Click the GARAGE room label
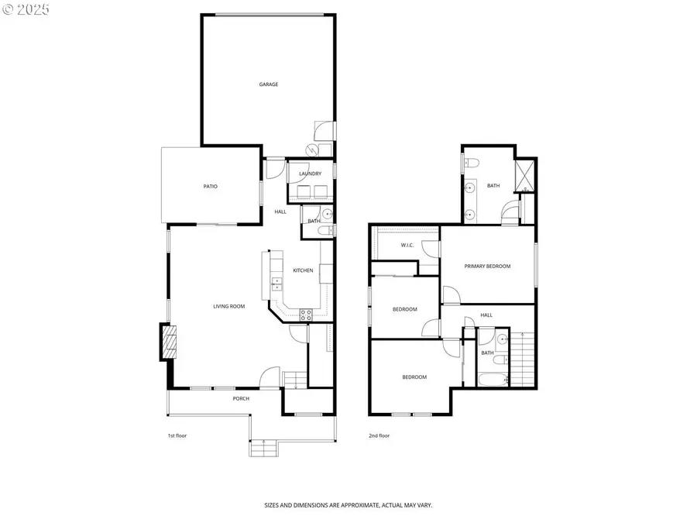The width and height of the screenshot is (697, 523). pyautogui.click(x=269, y=84)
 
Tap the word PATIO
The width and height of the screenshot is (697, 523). pyautogui.click(x=211, y=186)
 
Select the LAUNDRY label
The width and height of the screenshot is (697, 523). pyautogui.click(x=310, y=174)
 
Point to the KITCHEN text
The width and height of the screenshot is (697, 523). pyautogui.click(x=303, y=270)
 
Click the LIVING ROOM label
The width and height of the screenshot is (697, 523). pyautogui.click(x=229, y=306)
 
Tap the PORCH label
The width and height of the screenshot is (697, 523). pyautogui.click(x=241, y=399)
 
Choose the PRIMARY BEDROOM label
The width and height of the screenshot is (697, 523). pyautogui.click(x=487, y=267)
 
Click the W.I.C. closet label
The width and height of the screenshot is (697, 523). pyautogui.click(x=407, y=246)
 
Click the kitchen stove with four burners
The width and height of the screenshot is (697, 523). pyautogui.click(x=305, y=314)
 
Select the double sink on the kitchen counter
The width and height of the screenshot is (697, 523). pyautogui.click(x=275, y=285)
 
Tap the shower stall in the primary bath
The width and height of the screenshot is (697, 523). pyautogui.click(x=524, y=174)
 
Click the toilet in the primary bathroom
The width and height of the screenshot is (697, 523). pyautogui.click(x=472, y=162)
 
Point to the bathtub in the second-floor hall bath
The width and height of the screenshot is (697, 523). pyautogui.click(x=493, y=379)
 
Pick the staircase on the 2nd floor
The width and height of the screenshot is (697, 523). pyautogui.click(x=524, y=357)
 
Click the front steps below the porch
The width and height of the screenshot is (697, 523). pyautogui.click(x=263, y=449)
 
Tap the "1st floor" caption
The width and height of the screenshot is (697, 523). pyautogui.click(x=177, y=435)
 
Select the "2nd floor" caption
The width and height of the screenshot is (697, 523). pyautogui.click(x=379, y=435)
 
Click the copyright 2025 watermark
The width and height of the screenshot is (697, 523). pyautogui.click(x=26, y=10)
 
